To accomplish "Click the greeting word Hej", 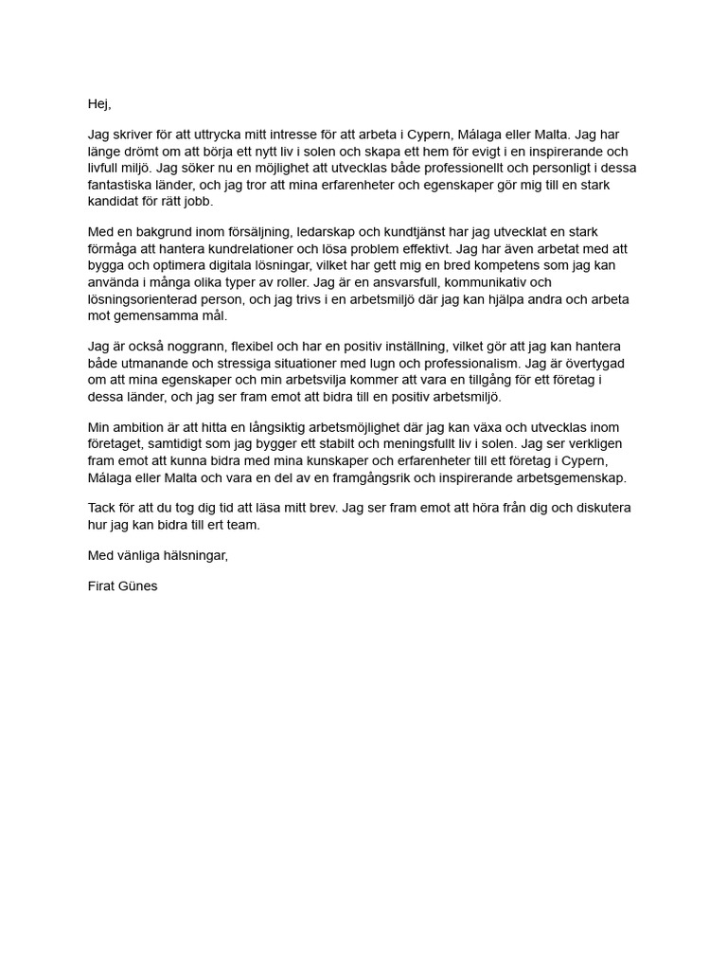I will click(98, 104).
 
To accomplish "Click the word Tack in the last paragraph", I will click(103, 508).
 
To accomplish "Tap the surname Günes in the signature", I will click(140, 585).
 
